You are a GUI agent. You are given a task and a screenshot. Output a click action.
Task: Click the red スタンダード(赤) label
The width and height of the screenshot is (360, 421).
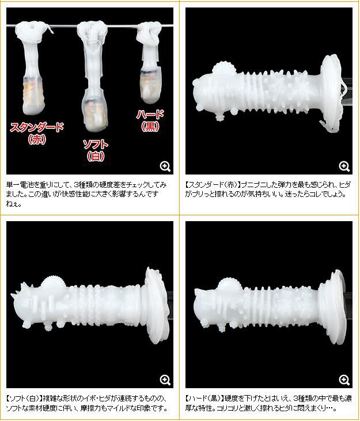pyautogui.click(x=37, y=133)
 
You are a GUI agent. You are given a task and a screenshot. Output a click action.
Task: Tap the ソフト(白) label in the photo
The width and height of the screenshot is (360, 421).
pyautogui.click(x=96, y=150)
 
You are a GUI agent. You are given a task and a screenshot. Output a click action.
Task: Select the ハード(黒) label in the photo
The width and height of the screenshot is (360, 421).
pyautogui.click(x=150, y=120)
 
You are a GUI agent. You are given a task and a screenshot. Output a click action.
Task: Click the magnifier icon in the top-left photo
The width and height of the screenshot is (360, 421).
pyautogui.click(x=165, y=166)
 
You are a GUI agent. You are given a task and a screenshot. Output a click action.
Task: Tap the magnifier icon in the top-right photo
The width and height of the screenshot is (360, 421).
pyautogui.click(x=344, y=166)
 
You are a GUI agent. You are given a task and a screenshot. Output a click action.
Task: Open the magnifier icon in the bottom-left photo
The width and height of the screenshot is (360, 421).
pyautogui.click(x=165, y=380)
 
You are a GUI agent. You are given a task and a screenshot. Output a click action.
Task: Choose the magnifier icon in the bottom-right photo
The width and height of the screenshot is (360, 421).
pyautogui.click(x=344, y=380)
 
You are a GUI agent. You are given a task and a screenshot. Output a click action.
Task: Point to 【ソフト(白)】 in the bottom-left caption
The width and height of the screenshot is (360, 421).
pyautogui.click(x=24, y=398)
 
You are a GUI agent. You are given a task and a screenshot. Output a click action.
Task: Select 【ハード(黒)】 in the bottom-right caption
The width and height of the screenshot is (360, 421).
pyautogui.click(x=204, y=398)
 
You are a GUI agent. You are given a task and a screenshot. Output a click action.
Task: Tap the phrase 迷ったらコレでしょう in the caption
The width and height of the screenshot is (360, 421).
pyautogui.click(x=315, y=194)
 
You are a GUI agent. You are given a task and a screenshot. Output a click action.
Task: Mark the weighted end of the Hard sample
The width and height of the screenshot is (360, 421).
pyautogui.click(x=151, y=85)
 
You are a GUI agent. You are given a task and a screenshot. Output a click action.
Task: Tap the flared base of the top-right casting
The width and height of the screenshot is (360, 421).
pyautogui.click(x=331, y=92)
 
